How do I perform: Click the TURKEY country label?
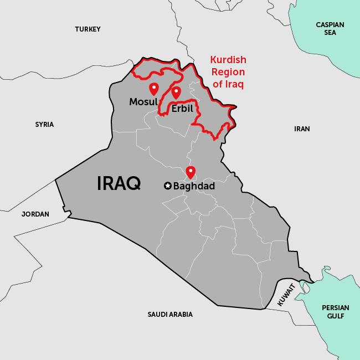[88, 29]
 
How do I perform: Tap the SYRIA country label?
[44, 125]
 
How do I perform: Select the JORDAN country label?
[35, 214]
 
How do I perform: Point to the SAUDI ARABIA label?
[170, 315]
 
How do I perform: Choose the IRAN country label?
[302, 129]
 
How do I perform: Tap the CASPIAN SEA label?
[330, 29]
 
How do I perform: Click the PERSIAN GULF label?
[336, 312]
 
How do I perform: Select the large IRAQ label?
[119, 183]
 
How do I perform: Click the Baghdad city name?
[194, 186]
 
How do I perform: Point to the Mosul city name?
[143, 102]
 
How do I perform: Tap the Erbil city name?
[182, 109]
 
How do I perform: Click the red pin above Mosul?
[154, 88]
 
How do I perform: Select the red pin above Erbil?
[176, 92]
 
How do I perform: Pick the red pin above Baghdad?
[191, 172]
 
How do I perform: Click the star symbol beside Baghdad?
[167, 186]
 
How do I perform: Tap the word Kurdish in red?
[228, 60]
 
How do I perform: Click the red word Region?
[228, 72]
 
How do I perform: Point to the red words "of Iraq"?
[228, 84]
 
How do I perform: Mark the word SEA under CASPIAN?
[330, 33]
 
